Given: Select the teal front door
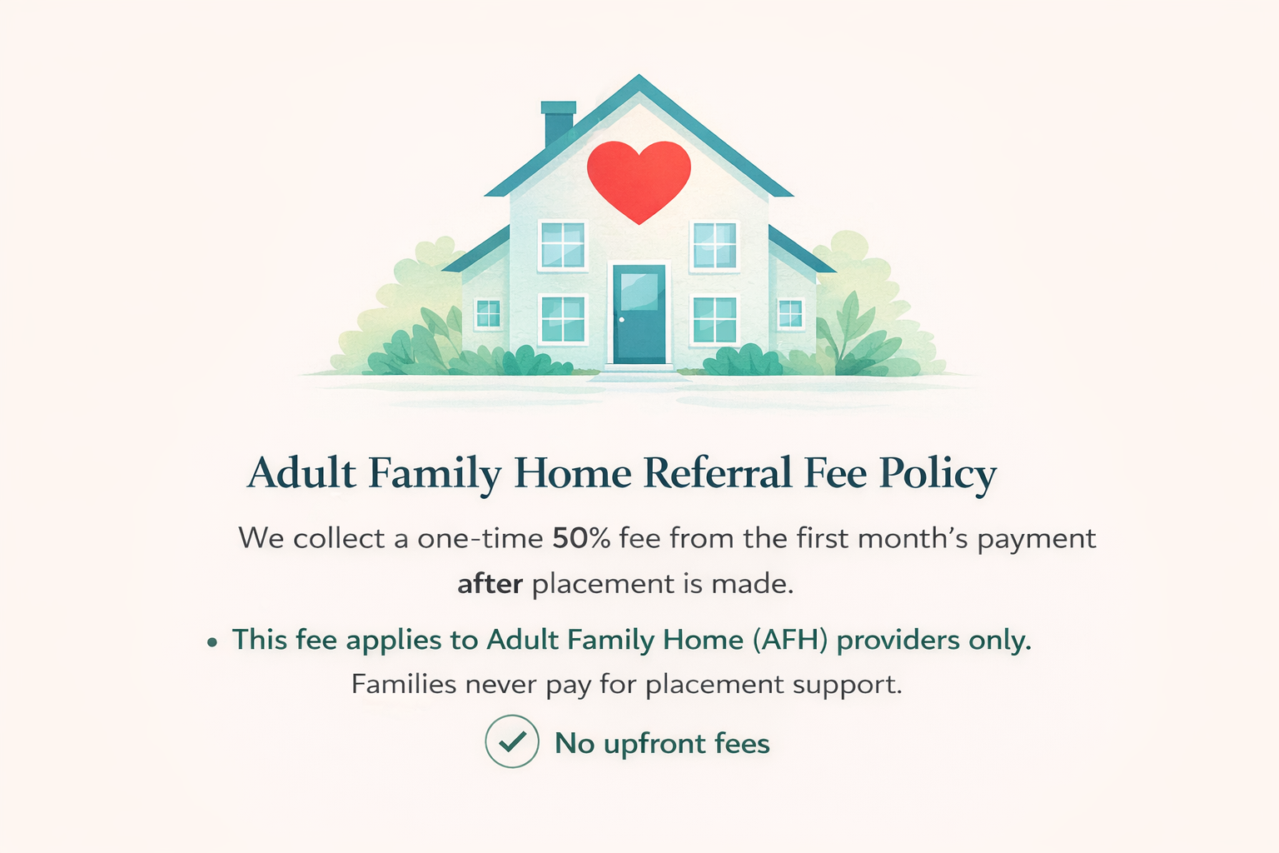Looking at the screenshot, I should click(639, 314).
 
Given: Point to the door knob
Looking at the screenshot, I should click(621, 320).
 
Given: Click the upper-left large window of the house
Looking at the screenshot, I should click(563, 245).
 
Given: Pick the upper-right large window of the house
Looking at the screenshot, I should click(714, 245).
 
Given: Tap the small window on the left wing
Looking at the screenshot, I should click(488, 314).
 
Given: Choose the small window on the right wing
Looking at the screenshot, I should click(789, 314).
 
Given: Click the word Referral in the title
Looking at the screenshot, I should click(718, 473).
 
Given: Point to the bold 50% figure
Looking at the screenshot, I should click(581, 538).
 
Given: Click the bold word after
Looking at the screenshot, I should click(490, 584).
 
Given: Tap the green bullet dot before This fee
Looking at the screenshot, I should click(213, 642).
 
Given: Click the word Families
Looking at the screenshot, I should click(404, 685).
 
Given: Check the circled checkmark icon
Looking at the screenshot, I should click(512, 741).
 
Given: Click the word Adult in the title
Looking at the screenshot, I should click(302, 473).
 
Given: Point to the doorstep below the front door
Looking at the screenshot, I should click(639, 368).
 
